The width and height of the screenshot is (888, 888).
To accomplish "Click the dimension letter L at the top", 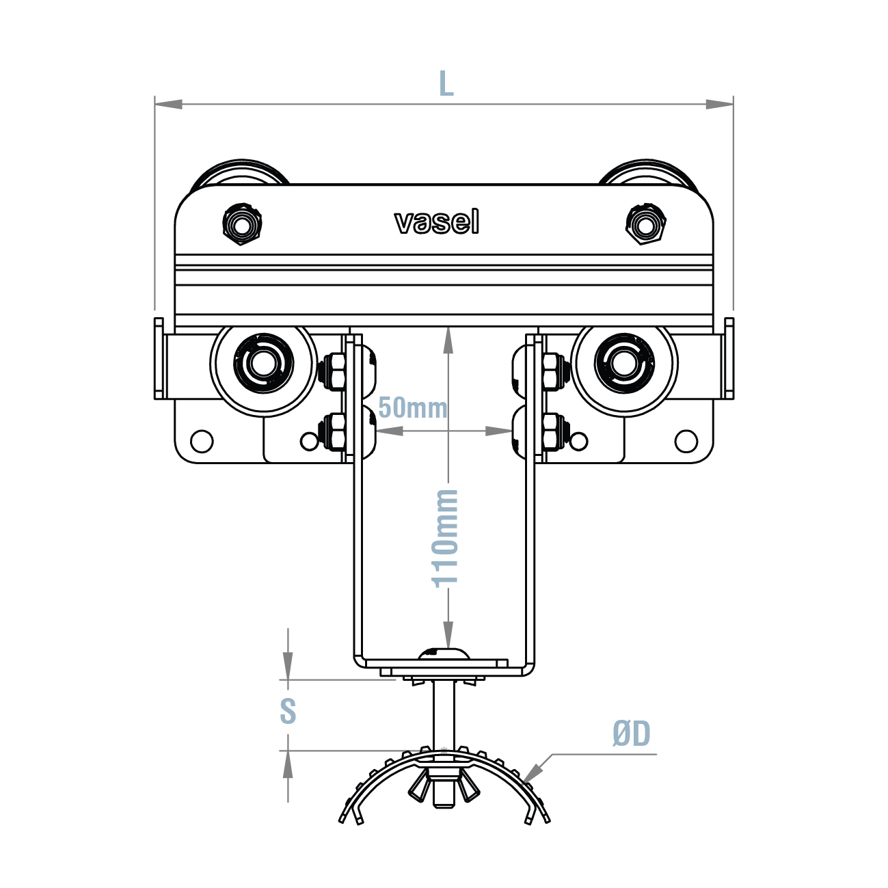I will tap(446, 84).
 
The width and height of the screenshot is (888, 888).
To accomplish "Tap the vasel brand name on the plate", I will tap(437, 222).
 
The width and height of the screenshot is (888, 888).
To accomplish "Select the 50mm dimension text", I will tap(412, 408).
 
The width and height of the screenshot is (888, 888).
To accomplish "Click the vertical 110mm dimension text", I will tap(446, 537).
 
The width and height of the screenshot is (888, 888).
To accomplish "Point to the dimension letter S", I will tap(288, 711).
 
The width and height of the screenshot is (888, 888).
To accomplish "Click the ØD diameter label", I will tap(631, 734).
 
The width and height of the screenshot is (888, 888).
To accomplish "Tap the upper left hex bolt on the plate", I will tap(242, 224).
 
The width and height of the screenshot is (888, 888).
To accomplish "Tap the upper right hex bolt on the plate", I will tap(645, 224).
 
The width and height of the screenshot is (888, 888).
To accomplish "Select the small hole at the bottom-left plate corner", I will tap(202, 441).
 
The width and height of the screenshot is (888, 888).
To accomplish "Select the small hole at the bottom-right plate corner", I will tap(686, 441).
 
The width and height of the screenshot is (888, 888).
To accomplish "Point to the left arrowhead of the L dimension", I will tap(168, 104).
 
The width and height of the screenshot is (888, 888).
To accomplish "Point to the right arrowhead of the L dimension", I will tap(719, 104).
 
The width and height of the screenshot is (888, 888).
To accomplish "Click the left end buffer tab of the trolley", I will tap(159, 359).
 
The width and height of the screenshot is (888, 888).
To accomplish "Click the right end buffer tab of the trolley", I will tap(729, 359).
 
